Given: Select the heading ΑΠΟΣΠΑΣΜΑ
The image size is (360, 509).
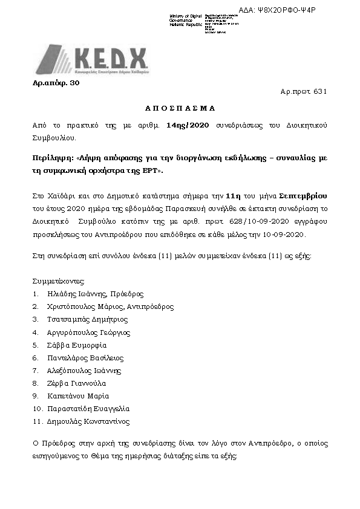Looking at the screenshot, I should [179, 109].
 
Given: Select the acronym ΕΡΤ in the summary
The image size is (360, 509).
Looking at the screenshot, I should [152, 171].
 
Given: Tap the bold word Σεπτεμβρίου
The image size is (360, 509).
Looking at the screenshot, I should [304, 198].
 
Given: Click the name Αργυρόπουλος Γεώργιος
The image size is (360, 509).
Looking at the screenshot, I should [88, 332].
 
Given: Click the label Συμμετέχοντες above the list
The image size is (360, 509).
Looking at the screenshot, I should [59, 281].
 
